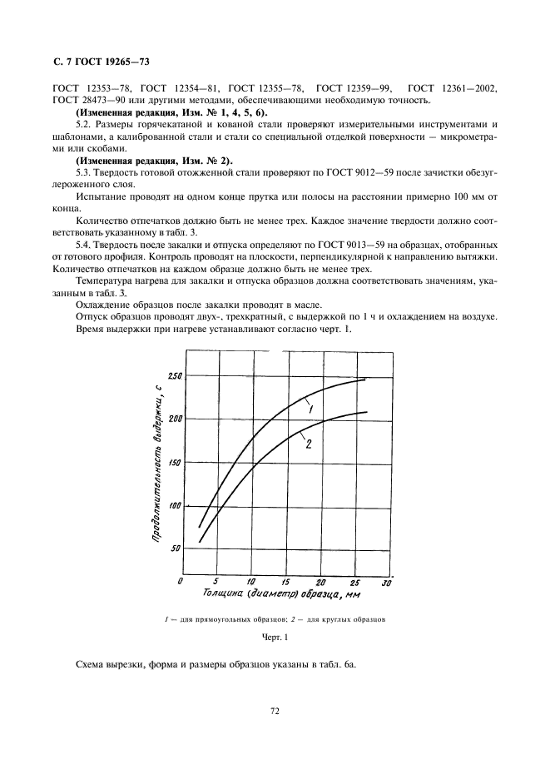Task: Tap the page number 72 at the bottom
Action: point(274,711)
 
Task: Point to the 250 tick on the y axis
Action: point(173,377)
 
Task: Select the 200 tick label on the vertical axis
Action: point(173,419)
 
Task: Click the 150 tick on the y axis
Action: point(173,462)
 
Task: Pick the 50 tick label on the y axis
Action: point(175,548)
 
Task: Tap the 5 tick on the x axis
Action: point(216,581)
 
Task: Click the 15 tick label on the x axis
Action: point(285,581)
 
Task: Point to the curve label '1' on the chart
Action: point(309,408)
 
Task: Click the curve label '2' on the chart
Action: point(308,444)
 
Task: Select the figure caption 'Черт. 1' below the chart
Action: point(274,638)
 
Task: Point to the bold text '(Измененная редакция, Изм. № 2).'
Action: point(155,159)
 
